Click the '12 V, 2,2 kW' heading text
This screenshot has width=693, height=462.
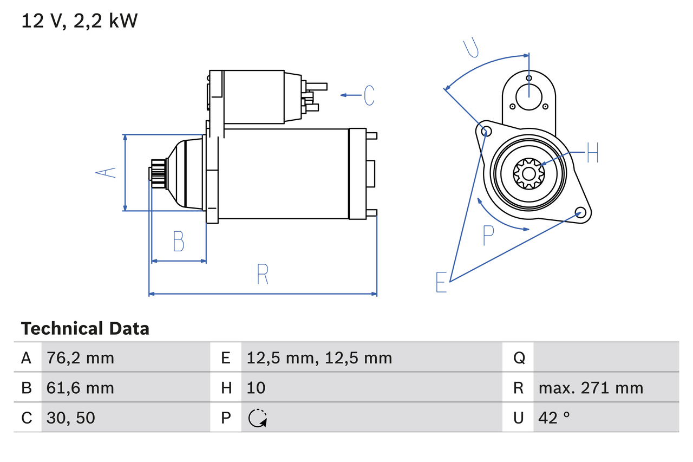click(80, 21)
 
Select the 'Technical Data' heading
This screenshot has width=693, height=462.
click(85, 329)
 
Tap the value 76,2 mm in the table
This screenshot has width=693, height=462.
click(80, 357)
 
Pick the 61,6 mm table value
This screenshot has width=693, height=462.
click(80, 388)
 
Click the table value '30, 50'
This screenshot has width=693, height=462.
click(71, 418)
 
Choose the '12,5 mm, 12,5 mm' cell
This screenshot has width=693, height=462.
click(319, 357)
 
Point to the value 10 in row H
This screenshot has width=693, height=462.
click(256, 388)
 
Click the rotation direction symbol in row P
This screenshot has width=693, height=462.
click(257, 418)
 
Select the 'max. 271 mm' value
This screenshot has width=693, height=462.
click(591, 388)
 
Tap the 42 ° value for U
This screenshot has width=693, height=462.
click(554, 418)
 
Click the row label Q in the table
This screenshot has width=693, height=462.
click(519, 357)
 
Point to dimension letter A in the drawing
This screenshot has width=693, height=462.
click(106, 172)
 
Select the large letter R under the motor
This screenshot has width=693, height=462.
click(263, 274)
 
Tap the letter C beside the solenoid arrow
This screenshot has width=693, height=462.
click(369, 95)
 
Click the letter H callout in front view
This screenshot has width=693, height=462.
click(592, 153)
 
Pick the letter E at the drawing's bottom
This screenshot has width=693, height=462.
click(442, 282)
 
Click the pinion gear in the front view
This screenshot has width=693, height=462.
click(528, 173)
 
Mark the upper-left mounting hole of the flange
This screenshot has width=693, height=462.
click(486, 131)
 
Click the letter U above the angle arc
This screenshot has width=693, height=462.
click(472, 48)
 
